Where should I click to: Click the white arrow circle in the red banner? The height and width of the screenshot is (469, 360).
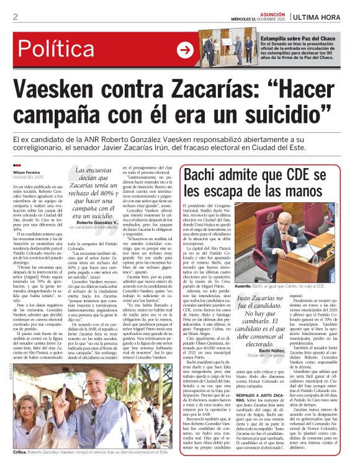[185, 50]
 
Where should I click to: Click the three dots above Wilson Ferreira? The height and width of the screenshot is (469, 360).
[17, 165]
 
